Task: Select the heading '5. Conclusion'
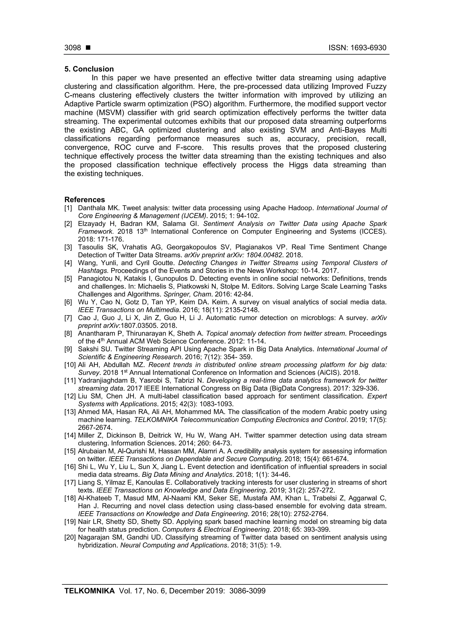89,69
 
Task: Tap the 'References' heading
85,200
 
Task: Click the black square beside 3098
88,48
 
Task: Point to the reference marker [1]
68,208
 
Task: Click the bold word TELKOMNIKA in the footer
89,598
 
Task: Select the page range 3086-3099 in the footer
247,598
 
